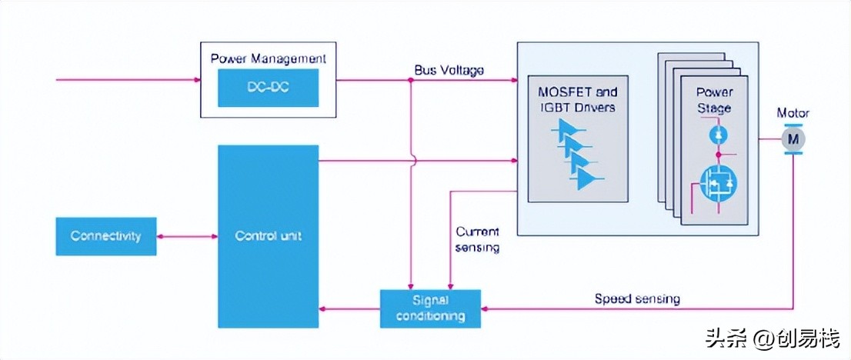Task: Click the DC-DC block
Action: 268,88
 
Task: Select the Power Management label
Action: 268,58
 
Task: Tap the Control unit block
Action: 268,235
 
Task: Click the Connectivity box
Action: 106,236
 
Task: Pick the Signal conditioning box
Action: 430,308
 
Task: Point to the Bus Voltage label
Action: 449,70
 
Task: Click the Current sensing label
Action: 477,239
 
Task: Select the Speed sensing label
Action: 637,298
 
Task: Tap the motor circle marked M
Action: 793,139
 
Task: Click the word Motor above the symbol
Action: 793,114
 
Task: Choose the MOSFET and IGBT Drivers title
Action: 577,100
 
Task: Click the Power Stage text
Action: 714,101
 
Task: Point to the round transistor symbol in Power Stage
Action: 716,182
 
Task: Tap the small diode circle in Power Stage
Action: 716,135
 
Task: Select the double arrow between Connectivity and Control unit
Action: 187,236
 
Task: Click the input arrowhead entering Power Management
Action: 195,79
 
